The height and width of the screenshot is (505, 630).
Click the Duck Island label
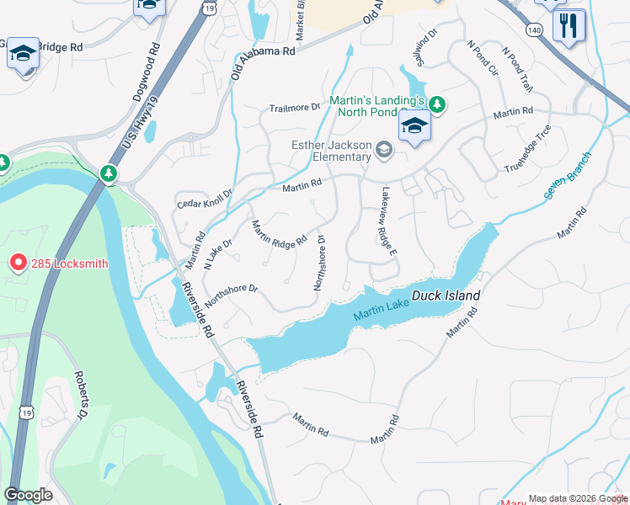tap(446, 296)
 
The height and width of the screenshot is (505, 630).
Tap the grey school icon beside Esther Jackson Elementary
tap(384, 150)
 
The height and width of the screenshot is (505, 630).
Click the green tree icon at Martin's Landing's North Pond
tap(436, 105)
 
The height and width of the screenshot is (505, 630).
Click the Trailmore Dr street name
tap(295, 108)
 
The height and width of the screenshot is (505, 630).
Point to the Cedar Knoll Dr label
tap(204, 199)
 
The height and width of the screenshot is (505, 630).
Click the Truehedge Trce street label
tap(528, 148)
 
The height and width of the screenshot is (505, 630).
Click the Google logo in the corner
tap(28, 494)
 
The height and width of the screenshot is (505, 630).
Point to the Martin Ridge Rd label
tap(279, 234)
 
